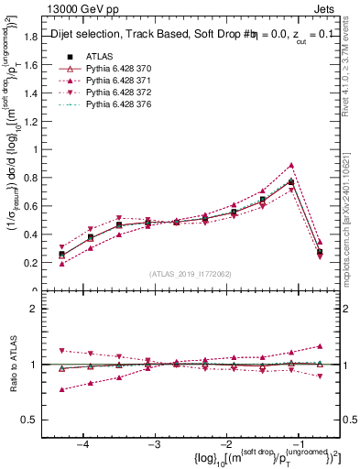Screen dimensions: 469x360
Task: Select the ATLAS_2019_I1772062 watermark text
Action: [191, 274]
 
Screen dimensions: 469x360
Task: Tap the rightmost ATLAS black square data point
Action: [320, 251]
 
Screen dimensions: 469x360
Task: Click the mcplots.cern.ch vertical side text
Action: [352, 211]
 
